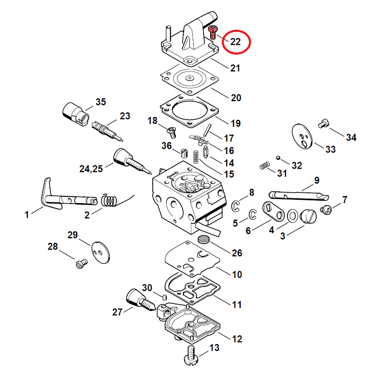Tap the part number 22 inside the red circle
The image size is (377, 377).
tap(236, 42)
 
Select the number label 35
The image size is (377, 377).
tap(101, 102)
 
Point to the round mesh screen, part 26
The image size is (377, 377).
tap(203, 239)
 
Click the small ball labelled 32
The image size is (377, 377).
tap(279, 158)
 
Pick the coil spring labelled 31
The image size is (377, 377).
tap(265, 166)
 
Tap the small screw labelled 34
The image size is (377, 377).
tap(323, 123)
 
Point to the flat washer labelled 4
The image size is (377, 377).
tap(292, 216)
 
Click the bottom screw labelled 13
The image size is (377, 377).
tap(191, 355)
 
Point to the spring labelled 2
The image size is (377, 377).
tap(110, 201)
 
